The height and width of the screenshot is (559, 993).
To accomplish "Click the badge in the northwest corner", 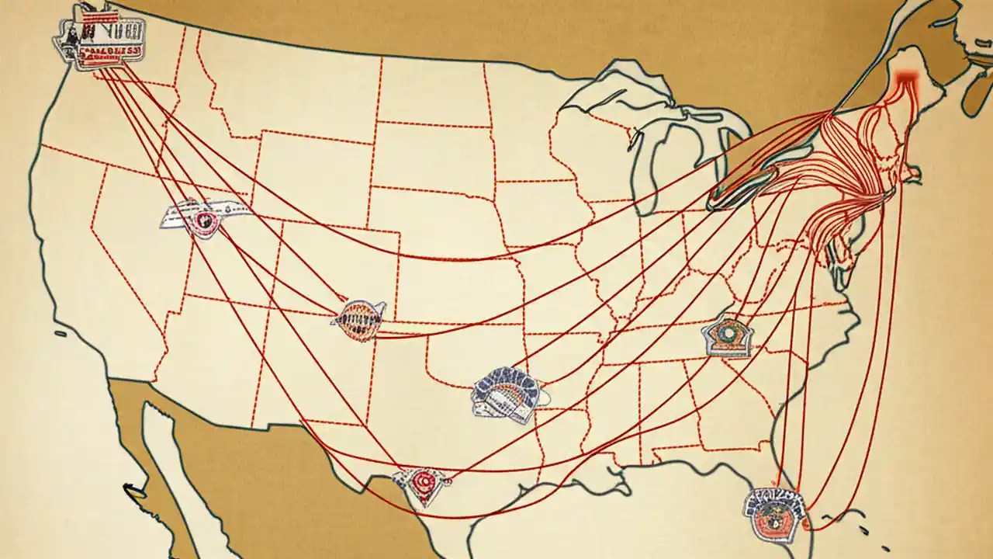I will (99, 36).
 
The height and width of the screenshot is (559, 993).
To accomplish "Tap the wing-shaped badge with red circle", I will (203, 217).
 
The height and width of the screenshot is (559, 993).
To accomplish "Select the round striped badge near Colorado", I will (360, 319).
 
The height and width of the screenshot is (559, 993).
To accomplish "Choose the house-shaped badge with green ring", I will (728, 336).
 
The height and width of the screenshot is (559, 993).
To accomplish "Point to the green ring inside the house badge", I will (728, 332).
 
